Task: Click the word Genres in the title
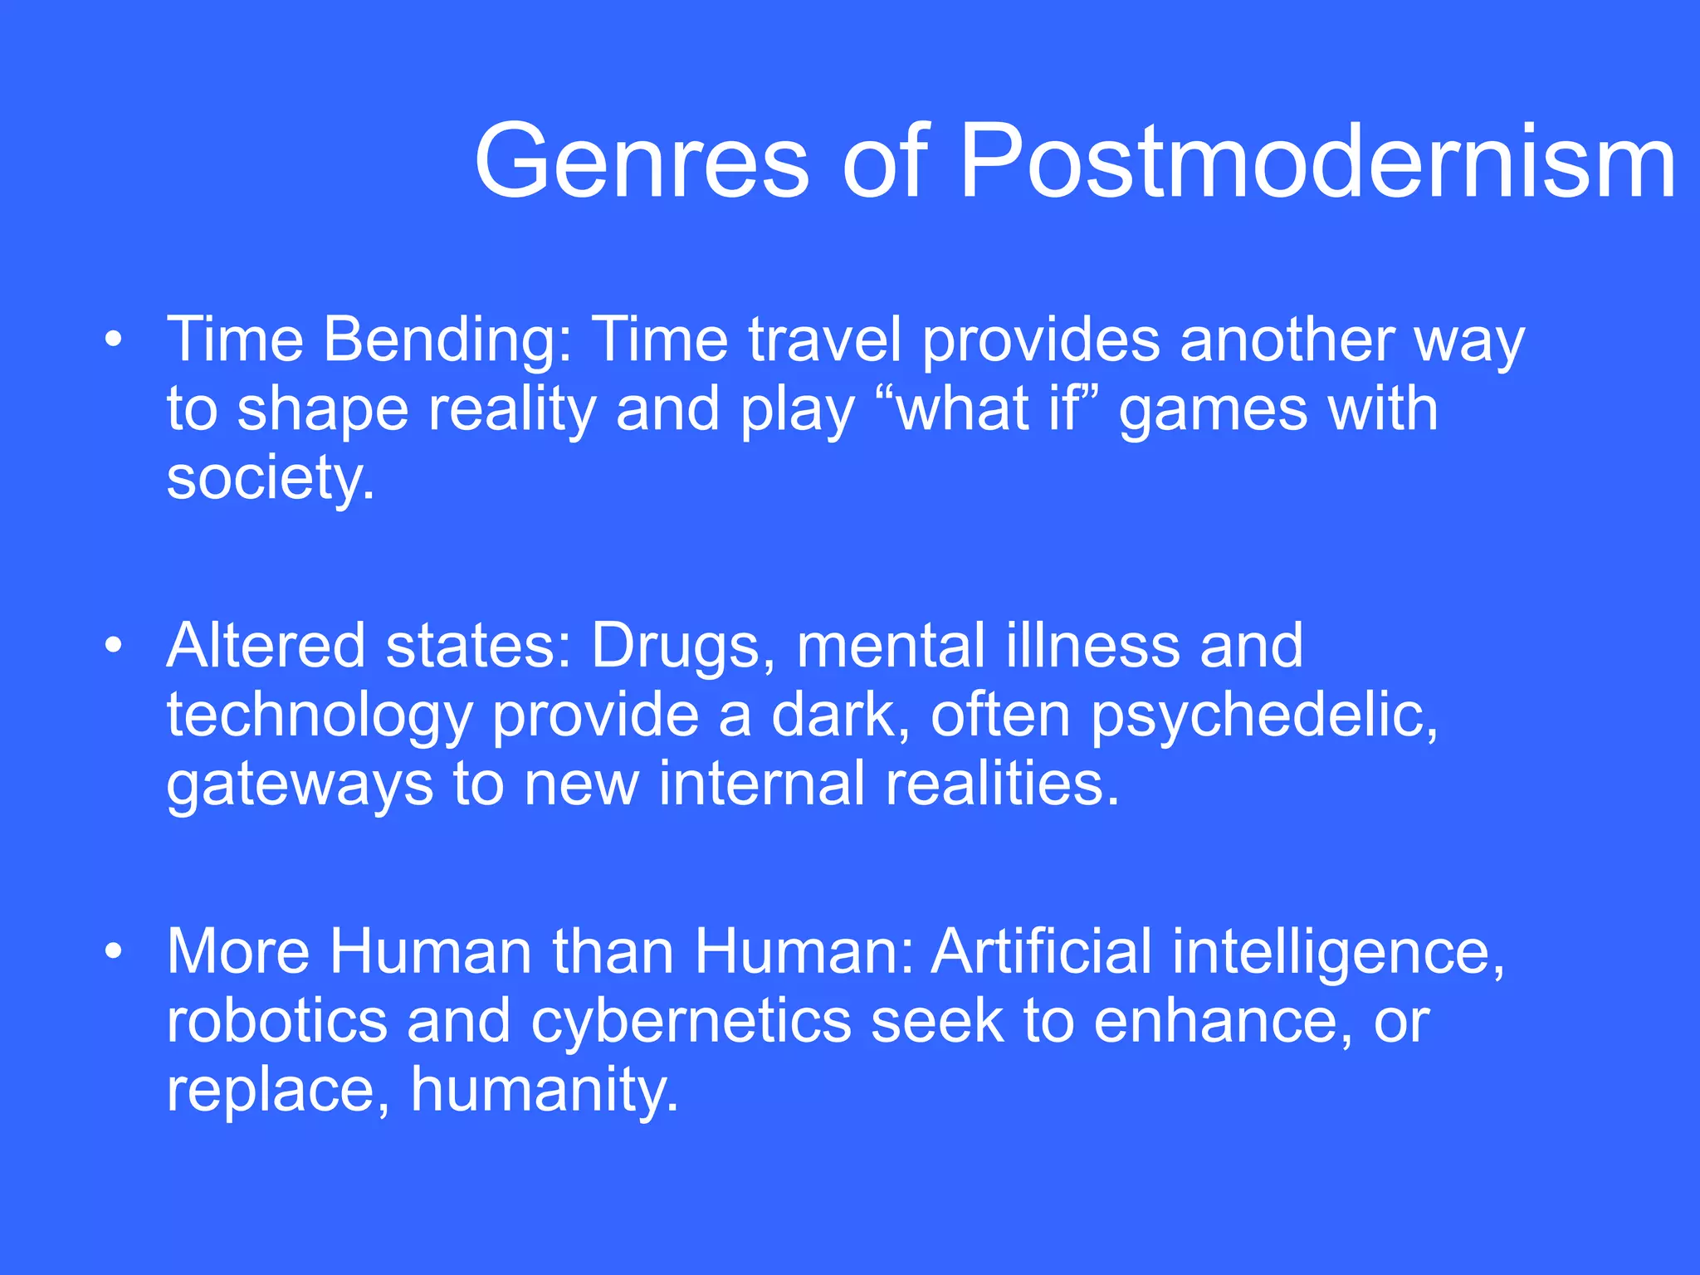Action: [x=641, y=162]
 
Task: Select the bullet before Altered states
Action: [x=114, y=645]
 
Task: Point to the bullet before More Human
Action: [x=114, y=950]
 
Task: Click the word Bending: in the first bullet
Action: [x=447, y=342]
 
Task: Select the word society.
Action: [x=270, y=480]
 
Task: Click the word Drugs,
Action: [x=683, y=647]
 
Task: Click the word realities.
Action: [x=1002, y=784]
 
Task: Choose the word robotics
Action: [x=276, y=1021]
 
